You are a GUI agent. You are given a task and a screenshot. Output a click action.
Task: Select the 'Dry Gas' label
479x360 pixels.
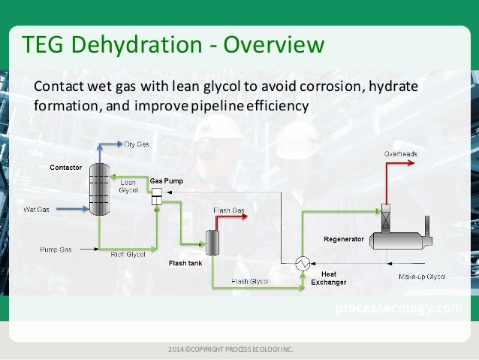(x=136, y=143)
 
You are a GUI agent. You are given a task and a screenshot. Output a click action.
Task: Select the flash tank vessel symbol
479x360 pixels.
(x=212, y=241)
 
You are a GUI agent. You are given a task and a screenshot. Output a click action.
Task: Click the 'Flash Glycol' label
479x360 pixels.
(x=251, y=281)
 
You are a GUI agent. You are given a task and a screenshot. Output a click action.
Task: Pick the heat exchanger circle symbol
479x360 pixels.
(x=303, y=263)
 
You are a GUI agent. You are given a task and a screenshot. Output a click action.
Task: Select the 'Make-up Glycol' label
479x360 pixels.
(x=442, y=277)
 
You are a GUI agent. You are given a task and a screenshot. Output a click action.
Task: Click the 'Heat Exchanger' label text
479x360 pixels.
(x=334, y=278)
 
